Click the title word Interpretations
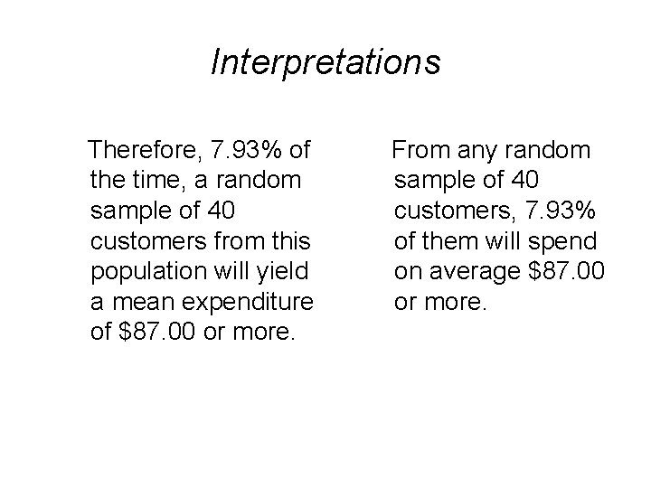point(325,62)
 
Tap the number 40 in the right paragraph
point(524,180)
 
